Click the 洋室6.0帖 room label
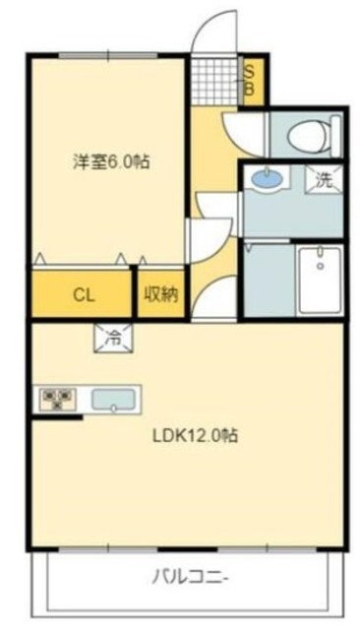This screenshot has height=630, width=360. click(x=110, y=161)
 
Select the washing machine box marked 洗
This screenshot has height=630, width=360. click(x=324, y=180)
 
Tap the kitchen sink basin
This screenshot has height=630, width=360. click(x=116, y=401)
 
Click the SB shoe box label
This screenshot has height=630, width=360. click(x=250, y=79)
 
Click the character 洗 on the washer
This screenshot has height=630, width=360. click(x=324, y=180)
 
